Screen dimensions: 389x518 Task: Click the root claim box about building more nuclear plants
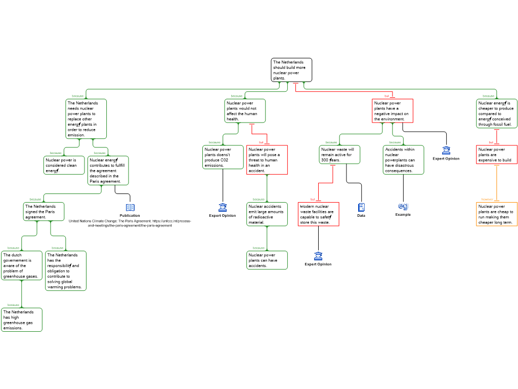coord(291,70)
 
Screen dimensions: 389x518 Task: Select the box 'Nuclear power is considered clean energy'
coord(64,165)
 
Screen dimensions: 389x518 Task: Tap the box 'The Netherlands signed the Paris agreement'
coord(44,212)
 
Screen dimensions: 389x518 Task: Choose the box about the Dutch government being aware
coord(22,265)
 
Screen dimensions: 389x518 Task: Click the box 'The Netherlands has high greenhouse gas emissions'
coord(22,320)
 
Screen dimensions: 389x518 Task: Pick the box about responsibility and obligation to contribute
coord(66,271)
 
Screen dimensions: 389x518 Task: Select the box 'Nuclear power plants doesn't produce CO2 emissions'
coord(223,157)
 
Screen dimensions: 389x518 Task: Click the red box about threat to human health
coord(267,160)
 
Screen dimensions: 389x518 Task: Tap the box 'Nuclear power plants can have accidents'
coord(267,260)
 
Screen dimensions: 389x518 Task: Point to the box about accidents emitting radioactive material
coord(267,214)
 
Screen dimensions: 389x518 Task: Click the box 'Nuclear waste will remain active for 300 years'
coord(340,154)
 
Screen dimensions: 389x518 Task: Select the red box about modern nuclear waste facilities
coord(319,214)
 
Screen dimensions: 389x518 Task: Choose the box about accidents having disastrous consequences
coord(403,160)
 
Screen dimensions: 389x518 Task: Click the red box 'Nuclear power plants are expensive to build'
coord(497,154)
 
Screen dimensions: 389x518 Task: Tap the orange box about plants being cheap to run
coord(497,214)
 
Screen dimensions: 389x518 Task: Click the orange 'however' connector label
coord(487,199)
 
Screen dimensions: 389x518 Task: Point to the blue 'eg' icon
coord(403,206)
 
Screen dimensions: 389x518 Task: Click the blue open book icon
coord(130,208)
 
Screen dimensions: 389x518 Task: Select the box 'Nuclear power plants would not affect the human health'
coord(245,111)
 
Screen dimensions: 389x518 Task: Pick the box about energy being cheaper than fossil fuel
coord(497,113)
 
